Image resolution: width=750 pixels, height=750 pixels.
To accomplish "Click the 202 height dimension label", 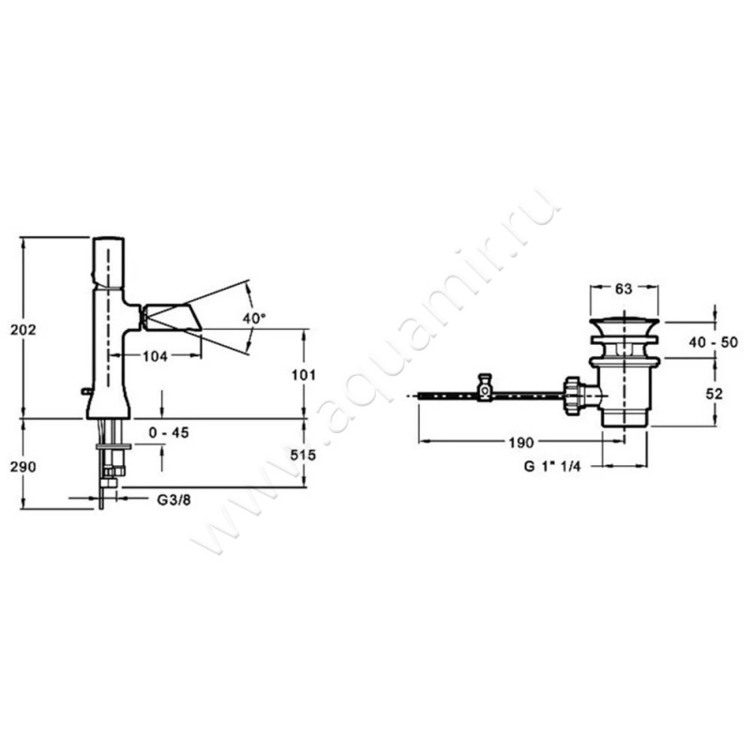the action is point(23,330).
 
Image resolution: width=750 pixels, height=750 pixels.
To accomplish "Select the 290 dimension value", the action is point(23,466).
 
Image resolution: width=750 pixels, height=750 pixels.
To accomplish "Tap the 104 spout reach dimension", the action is point(156,356).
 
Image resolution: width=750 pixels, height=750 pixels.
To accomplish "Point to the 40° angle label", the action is point(254,318).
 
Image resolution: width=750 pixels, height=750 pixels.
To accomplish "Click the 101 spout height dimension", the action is point(304,375).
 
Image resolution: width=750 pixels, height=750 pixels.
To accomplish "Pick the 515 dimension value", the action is point(303,455).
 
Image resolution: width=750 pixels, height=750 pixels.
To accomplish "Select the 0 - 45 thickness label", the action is point(169,432).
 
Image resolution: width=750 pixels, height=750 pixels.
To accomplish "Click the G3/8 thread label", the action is point(174,500).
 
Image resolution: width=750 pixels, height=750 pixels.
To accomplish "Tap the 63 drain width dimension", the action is point(623,289).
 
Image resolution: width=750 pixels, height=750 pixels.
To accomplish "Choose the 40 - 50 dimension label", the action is point(713,342).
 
